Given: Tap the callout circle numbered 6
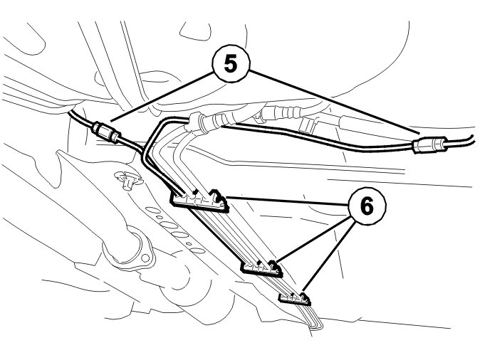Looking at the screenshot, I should tap(365, 207).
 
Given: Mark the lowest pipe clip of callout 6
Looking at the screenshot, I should tap(295, 295).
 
